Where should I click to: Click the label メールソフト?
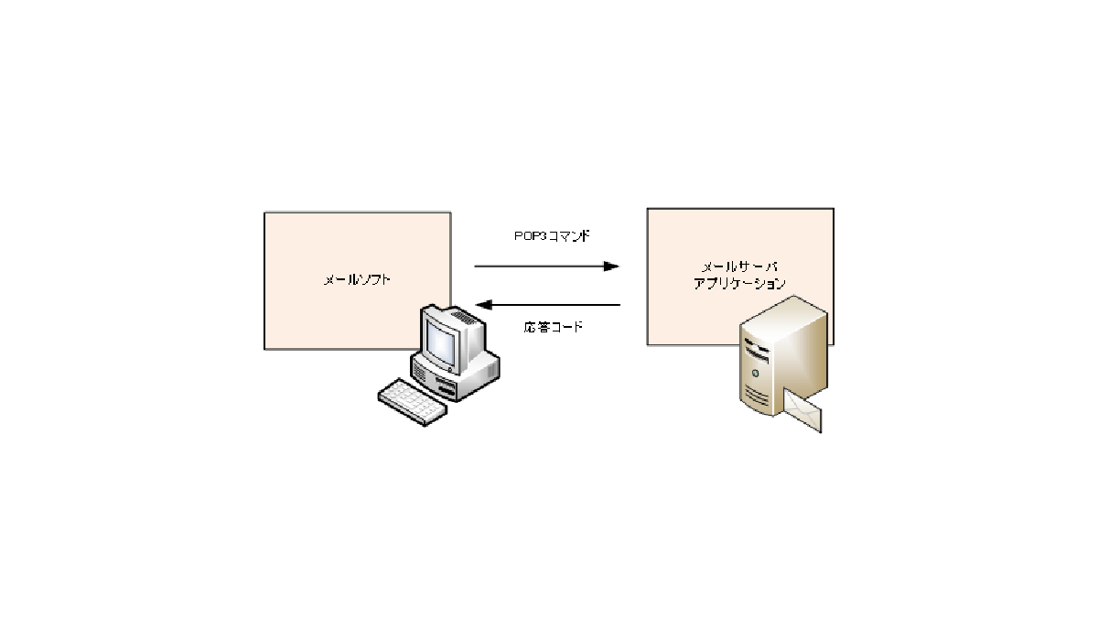click(357, 280)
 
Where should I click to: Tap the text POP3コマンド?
click(551, 235)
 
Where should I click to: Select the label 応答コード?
click(554, 327)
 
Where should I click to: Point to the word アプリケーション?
click(739, 283)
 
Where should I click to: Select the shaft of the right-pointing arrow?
click(540, 266)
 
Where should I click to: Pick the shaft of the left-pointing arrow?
click(558, 305)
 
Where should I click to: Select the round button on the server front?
click(756, 375)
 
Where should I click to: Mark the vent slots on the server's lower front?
click(756, 397)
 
